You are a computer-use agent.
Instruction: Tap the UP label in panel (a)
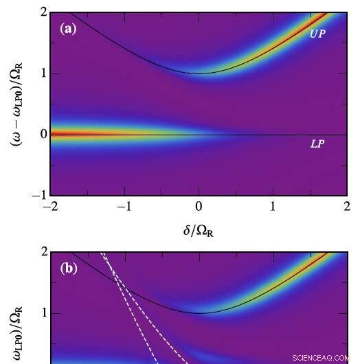pyautogui.click(x=317, y=33)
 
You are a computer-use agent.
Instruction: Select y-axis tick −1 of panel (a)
pyautogui.click(x=41, y=195)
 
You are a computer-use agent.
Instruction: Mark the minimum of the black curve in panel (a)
pyautogui.click(x=199, y=73)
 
